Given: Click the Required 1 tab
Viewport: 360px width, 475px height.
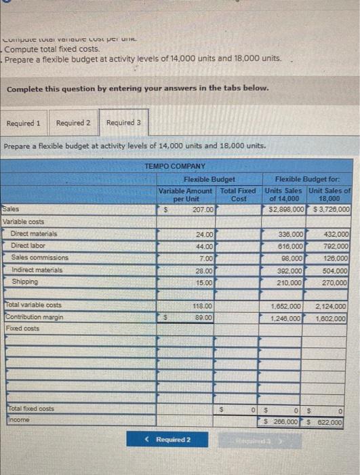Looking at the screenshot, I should point(24,123).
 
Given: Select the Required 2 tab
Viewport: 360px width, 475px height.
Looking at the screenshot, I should point(73,123).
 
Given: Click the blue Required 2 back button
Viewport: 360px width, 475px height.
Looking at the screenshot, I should point(168,440).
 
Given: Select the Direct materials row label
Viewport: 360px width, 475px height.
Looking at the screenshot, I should point(34,233).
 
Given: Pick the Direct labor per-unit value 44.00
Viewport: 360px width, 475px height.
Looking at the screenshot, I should point(204,246).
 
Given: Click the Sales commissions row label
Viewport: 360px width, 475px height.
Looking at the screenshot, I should point(40,258).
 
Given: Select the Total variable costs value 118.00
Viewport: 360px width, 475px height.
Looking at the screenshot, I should point(203,306).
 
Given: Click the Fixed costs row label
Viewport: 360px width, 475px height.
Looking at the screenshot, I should point(22,328).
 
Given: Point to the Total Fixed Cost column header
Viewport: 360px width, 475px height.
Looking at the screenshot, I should point(239,195).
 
